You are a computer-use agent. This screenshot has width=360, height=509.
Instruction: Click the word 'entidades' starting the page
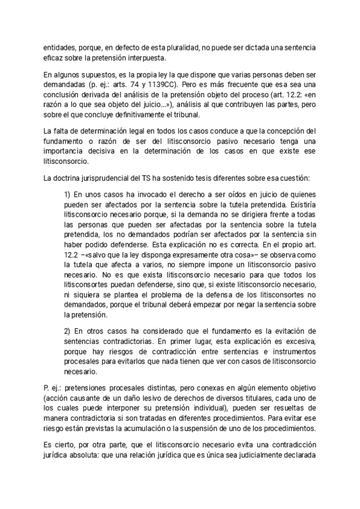pos(59,47)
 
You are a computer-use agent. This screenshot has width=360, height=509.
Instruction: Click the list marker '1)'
pos(67,196)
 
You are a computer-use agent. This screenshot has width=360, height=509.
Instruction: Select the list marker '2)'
pos(67,331)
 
